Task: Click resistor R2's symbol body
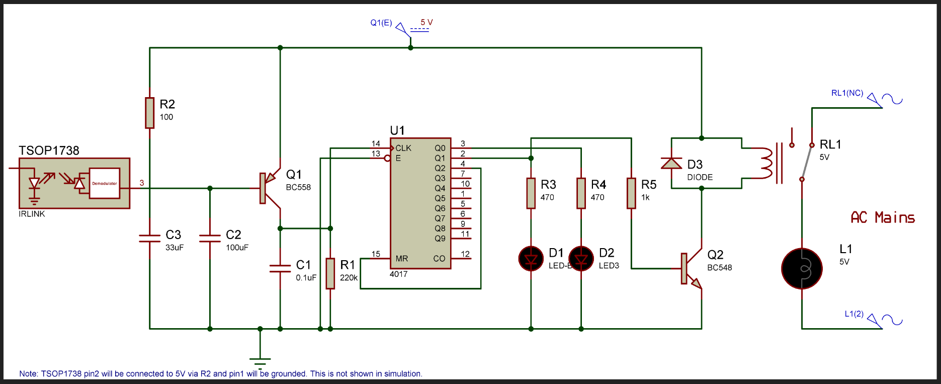[149, 113]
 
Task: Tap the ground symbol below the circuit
[260, 361]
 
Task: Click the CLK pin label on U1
[403, 148]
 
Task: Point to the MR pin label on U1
[401, 259]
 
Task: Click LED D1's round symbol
[531, 259]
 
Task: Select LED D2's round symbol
[581, 259]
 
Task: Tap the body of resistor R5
[631, 193]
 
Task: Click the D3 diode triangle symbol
[671, 163]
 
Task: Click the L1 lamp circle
[802, 269]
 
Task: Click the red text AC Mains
[882, 217]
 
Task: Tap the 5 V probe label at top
[426, 22]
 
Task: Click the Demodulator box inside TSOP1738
[105, 183]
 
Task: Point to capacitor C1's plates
[280, 268]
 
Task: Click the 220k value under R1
[349, 277]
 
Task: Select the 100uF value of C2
[237, 247]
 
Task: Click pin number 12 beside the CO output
[465, 254]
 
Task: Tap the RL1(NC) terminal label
[847, 93]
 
